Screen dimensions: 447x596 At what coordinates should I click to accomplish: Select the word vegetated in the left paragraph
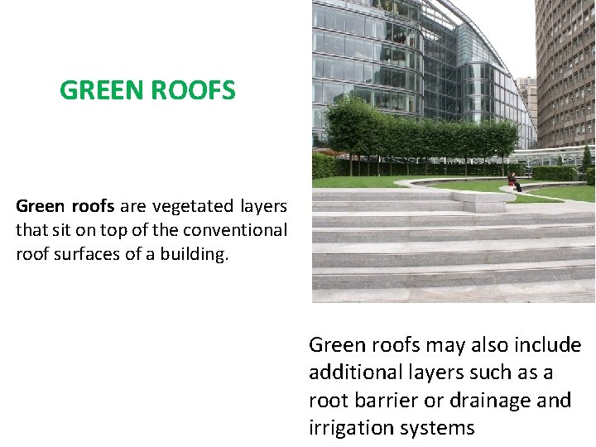click(195, 206)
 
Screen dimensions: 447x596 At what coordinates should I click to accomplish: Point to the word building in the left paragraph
click(195, 254)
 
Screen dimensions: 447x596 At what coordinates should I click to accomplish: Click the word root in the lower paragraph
click(328, 400)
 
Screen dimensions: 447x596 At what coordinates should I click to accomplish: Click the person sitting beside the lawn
click(515, 181)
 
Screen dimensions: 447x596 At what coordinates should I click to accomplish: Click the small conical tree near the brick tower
click(587, 158)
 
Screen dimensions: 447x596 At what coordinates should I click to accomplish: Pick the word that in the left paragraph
click(30, 230)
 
